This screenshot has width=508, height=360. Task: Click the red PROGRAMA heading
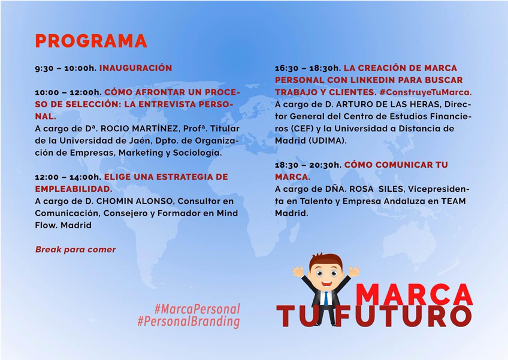coord(91,41)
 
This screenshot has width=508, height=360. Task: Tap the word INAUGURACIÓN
coord(135,68)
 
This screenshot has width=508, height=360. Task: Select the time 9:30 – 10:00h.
coord(66,68)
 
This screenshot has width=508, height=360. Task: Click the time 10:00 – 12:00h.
coord(68,93)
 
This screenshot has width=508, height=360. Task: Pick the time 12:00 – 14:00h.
coord(68,177)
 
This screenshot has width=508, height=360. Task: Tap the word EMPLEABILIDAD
coord(74,189)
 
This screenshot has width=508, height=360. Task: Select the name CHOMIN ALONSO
coord(134,201)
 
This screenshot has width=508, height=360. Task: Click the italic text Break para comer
coord(75,250)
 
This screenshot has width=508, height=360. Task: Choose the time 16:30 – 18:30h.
coord(308,68)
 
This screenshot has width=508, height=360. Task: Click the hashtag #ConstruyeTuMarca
coord(426,92)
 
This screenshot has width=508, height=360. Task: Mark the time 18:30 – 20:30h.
coord(308,165)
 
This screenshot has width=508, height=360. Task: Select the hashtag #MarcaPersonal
coord(197,309)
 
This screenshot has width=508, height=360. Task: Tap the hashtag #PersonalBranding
coord(189,322)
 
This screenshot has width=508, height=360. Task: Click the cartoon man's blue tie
coord(326,298)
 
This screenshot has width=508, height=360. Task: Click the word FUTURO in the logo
coord(403,315)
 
